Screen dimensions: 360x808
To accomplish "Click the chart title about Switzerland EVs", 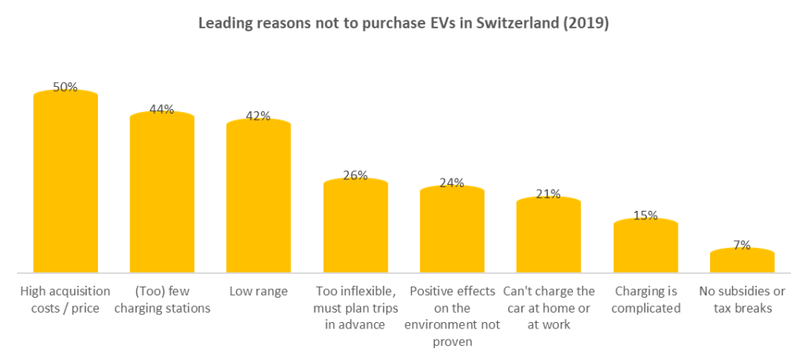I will pyautogui.click(x=403, y=24).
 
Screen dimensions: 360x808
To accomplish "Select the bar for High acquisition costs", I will pyautogui.click(x=65, y=186).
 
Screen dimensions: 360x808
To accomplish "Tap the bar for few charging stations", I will pyautogui.click(x=162, y=196).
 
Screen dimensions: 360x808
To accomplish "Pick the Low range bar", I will pyautogui.click(x=258, y=199).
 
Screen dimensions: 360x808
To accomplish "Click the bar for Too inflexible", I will pyautogui.click(x=355, y=229).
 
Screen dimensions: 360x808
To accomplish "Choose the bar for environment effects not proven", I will pyautogui.click(x=451, y=232).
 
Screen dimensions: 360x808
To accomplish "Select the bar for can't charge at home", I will pyautogui.click(x=548, y=238).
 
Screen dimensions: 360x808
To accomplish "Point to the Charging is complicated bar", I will pyautogui.click(x=645, y=248).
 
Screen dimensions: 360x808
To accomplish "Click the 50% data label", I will pyautogui.click(x=65, y=88).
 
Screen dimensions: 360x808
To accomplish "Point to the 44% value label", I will pyautogui.click(x=162, y=110).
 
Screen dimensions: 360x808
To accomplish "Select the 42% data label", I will pyautogui.click(x=258, y=116).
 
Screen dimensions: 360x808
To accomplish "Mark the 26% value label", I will pyautogui.click(x=355, y=175).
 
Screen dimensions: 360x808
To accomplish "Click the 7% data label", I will pyautogui.click(x=742, y=245).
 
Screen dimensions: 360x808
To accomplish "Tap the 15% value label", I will pyautogui.click(x=645, y=215).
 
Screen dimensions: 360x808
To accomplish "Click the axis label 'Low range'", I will pyautogui.click(x=258, y=291).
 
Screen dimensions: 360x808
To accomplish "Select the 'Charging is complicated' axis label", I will pyautogui.click(x=645, y=299).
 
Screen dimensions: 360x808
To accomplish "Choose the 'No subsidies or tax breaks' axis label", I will pyautogui.click(x=742, y=299).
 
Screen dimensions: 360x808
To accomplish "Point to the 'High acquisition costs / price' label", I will pyautogui.click(x=65, y=299).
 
